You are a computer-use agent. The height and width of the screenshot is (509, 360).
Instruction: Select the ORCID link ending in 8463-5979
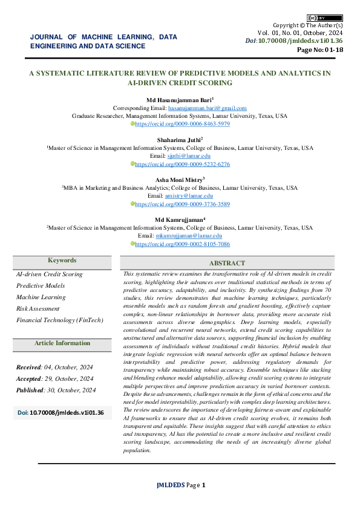[x=182, y=123]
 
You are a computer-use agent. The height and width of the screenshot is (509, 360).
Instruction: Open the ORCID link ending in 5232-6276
[x=182, y=164]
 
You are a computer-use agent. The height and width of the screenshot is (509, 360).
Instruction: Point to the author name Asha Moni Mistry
[x=179, y=180]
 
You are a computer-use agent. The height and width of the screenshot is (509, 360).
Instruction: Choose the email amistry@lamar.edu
[x=189, y=196]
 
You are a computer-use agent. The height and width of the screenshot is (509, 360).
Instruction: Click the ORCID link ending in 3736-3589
[x=182, y=204]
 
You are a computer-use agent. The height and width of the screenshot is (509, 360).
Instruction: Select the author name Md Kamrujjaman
[x=179, y=219]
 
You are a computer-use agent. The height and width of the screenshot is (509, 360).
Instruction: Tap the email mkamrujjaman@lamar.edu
[x=189, y=235]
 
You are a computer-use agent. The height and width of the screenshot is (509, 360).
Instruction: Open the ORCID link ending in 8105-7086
[x=182, y=244]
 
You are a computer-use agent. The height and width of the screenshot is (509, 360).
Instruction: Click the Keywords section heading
[x=62, y=261]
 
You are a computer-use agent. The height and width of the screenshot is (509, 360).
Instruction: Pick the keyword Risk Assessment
[x=38, y=308]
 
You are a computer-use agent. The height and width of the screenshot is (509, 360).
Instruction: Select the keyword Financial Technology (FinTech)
[x=60, y=320]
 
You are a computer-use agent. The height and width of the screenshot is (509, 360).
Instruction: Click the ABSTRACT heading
[x=227, y=263]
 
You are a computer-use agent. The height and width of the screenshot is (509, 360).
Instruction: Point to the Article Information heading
[x=62, y=343]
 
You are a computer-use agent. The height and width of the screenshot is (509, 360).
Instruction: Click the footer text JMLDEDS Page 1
[x=182, y=485]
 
